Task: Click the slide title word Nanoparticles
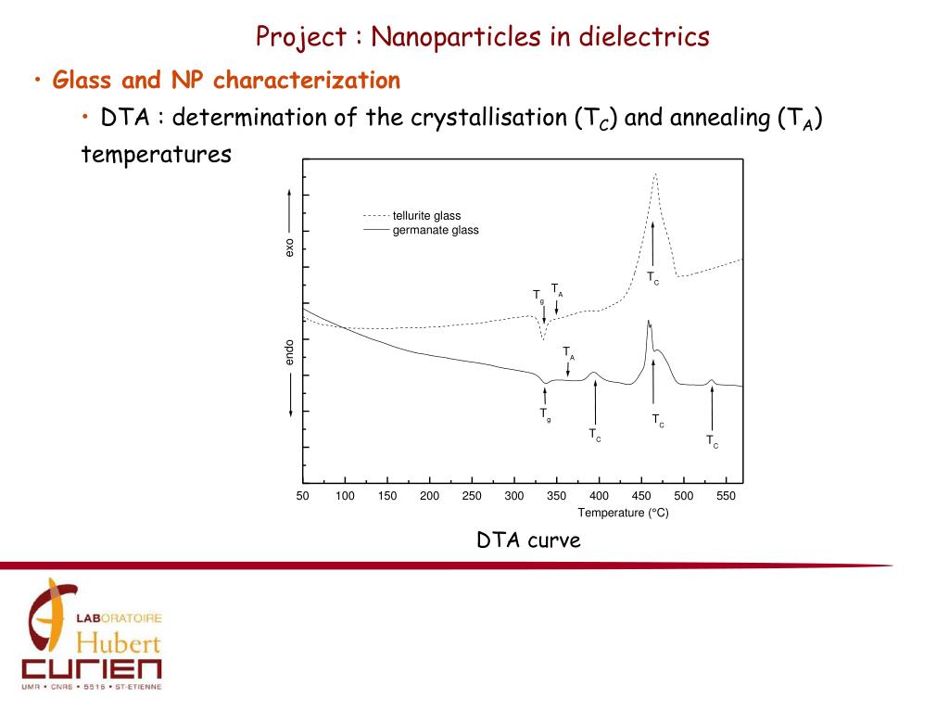point(454,37)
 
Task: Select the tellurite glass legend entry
point(426,216)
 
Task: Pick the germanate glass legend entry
point(436,230)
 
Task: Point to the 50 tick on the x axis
point(303,496)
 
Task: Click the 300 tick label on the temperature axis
point(514,496)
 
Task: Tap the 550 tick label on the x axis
point(726,496)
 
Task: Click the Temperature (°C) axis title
point(623,513)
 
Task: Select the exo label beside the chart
point(289,248)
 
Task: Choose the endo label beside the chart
point(289,351)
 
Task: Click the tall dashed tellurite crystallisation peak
point(655,175)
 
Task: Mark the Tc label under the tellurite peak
point(653,277)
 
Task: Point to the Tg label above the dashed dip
point(538,295)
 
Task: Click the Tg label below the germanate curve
point(546,414)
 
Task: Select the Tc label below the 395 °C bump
point(595,433)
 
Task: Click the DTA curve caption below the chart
point(528,540)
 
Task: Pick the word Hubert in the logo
point(118,642)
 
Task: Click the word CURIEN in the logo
point(92,668)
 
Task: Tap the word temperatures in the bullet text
point(156,154)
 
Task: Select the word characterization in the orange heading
point(307,81)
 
